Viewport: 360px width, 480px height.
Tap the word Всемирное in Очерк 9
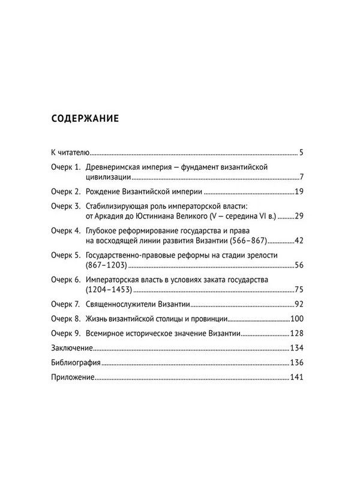[x=107, y=333]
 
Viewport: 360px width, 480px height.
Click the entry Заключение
[x=71, y=348]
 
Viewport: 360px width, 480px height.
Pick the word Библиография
[x=74, y=362]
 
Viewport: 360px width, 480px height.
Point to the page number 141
[x=298, y=377]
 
